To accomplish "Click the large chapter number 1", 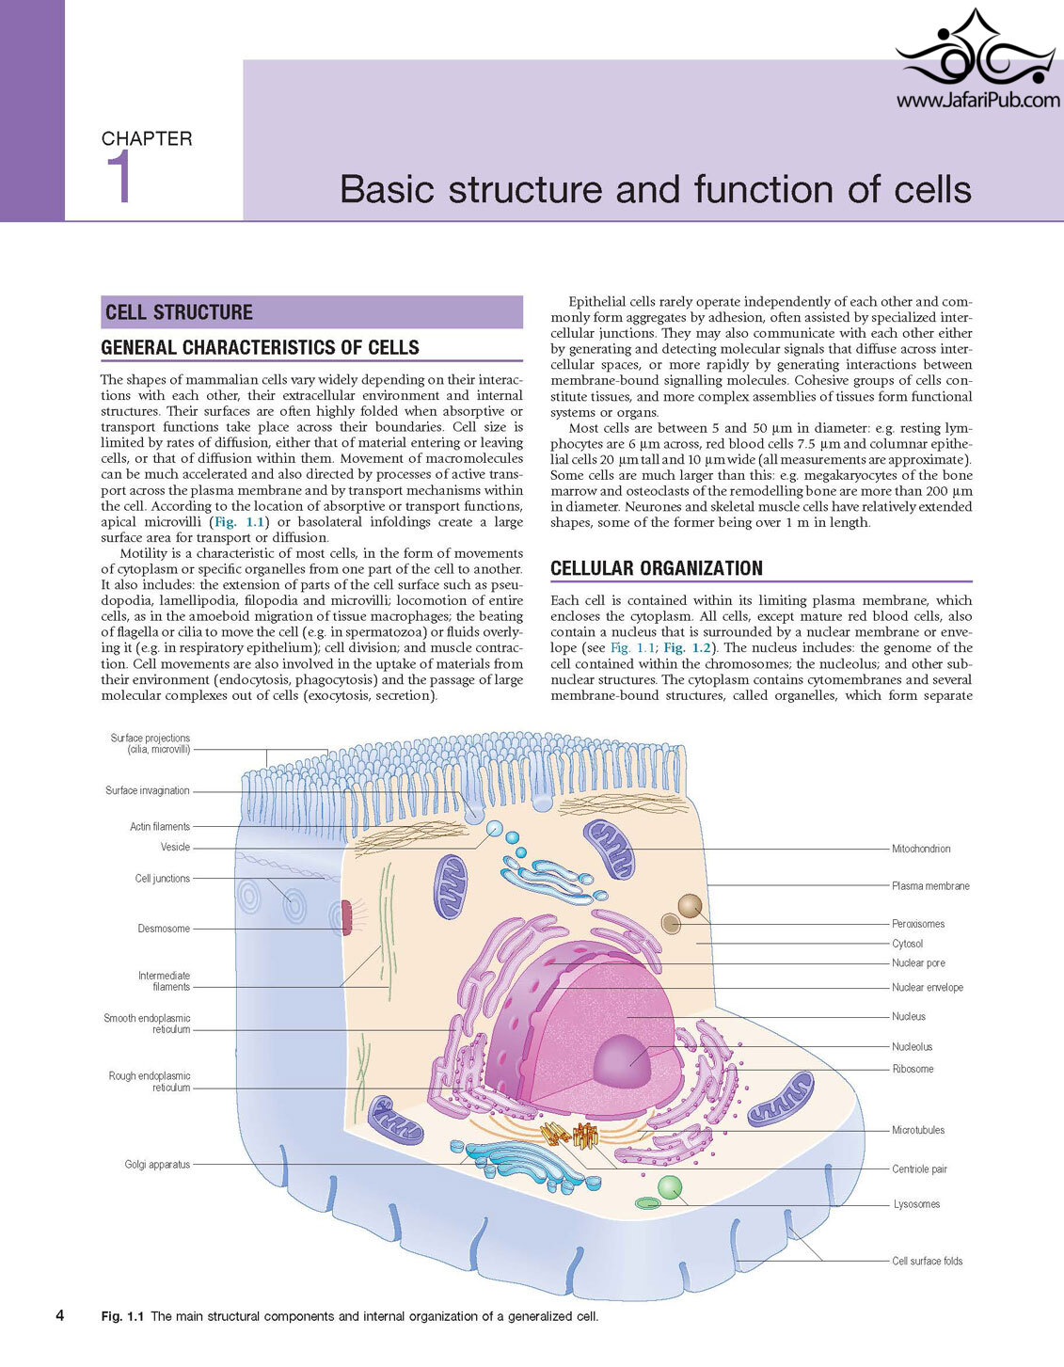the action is point(119,178).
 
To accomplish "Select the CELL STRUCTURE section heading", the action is point(179,312).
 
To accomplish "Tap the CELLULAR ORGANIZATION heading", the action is point(657,568).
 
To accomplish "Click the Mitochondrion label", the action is point(921,849).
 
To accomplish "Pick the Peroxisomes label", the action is point(918,924).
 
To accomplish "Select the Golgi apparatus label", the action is point(157,1165).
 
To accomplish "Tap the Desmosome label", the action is point(164,929).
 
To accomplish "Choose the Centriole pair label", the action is point(919,1168).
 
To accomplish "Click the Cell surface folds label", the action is point(928,1261).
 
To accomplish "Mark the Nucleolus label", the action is point(912,1047).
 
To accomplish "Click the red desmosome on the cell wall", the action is point(346,918).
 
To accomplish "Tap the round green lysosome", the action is point(670,1187).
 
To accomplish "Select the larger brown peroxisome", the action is point(690,906).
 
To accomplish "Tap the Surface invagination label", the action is point(147,791).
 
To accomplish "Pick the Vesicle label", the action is point(175,848).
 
